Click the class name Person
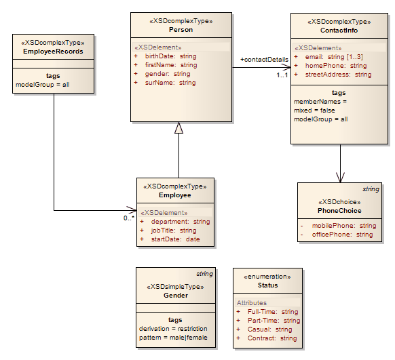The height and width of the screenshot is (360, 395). pyautogui.click(x=181, y=30)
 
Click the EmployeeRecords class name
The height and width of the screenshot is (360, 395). pyautogui.click(x=53, y=52)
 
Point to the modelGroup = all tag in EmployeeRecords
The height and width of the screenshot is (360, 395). pyautogui.click(x=43, y=85)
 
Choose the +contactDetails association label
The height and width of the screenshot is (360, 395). pyautogui.click(x=264, y=60)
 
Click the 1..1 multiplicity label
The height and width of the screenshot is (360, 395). pyautogui.click(x=282, y=75)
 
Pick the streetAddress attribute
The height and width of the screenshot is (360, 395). pyautogui.click(x=338, y=75)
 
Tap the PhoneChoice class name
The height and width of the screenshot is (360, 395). pyautogui.click(x=339, y=210)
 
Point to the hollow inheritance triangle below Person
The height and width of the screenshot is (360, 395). pyautogui.click(x=178, y=127)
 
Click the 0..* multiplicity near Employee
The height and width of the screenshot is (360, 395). pyautogui.click(x=128, y=218)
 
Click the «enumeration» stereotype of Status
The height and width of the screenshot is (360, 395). pyautogui.click(x=267, y=277)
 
